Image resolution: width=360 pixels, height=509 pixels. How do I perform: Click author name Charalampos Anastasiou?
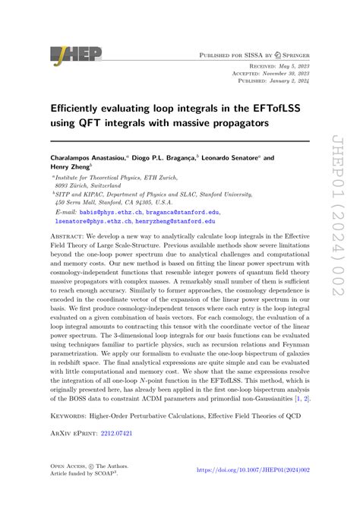point(88,157)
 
